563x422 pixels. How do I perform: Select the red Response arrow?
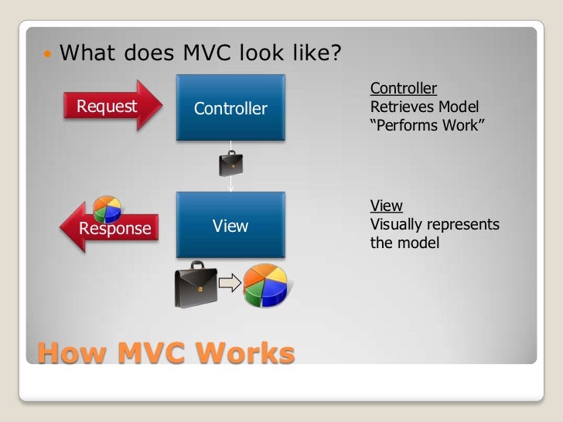point(108,227)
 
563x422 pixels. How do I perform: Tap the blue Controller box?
point(230,108)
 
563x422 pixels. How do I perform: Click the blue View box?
point(230,226)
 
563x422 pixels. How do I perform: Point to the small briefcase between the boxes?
point(230,163)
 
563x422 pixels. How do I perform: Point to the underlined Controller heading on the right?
point(404,88)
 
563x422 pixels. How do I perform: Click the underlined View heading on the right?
point(387,206)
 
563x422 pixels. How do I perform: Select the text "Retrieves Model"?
point(425,107)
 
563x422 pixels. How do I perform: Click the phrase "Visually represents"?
point(435,225)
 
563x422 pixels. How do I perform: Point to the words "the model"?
point(404,243)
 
